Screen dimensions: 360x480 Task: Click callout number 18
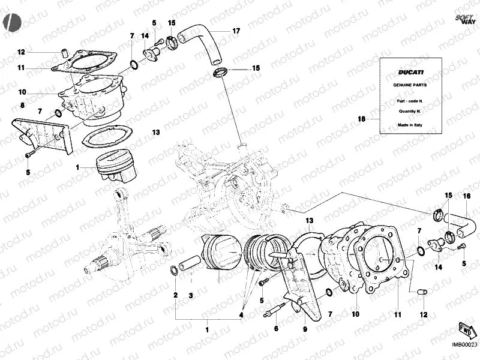tap(361, 119)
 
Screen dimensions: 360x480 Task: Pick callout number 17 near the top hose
tap(236, 31)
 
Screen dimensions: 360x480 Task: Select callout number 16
tap(467, 196)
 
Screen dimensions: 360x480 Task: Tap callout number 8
tap(22, 106)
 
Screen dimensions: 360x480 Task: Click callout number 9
tap(305, 329)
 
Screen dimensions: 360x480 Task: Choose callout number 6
tap(276, 329)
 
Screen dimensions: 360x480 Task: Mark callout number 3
tap(191, 295)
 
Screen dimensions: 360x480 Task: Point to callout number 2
tap(175, 295)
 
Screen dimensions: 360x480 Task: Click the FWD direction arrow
tap(466, 330)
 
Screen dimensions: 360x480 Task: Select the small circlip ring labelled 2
tap(174, 270)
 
